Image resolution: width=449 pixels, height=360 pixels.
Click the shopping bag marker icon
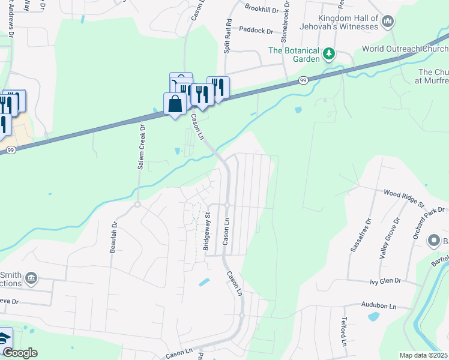[175, 104]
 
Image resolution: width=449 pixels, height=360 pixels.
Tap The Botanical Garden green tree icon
[328, 54]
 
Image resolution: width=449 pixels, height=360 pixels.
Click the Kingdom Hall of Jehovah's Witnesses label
[343, 22]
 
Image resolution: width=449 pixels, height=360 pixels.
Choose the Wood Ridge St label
[404, 196]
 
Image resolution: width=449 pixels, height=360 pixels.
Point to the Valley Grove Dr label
[390, 238]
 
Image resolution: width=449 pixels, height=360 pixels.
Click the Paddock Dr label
[255, 29]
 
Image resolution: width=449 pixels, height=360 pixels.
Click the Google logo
[20, 353]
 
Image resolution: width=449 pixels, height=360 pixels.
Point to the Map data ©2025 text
[423, 355]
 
